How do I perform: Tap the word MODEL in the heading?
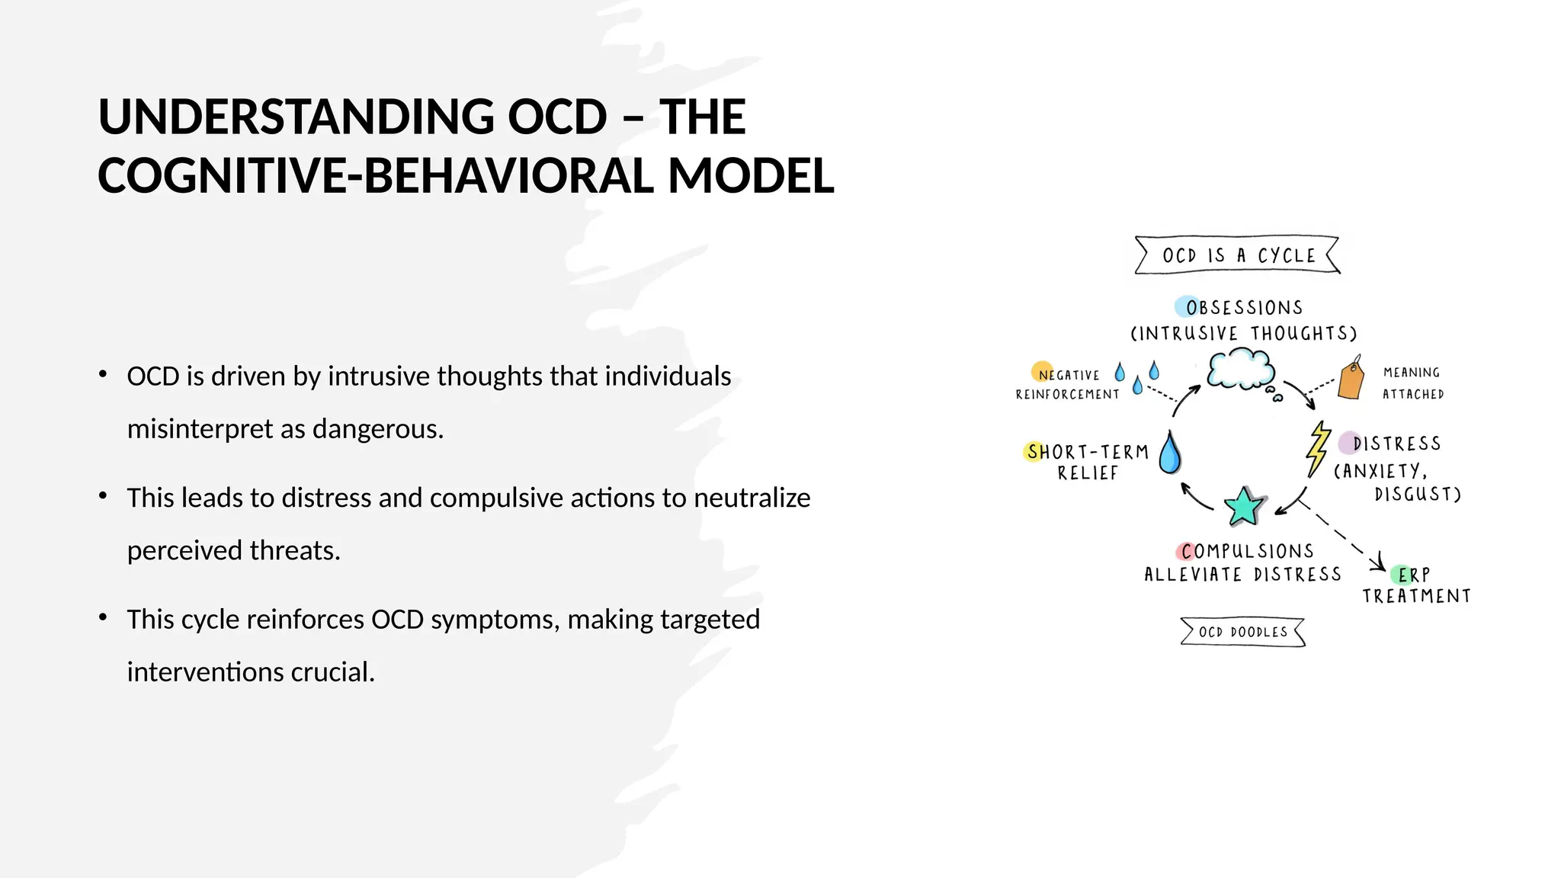751,176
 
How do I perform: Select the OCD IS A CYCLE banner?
1238,255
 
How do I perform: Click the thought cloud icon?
1241,370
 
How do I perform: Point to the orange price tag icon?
1351,379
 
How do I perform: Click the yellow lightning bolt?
1318,448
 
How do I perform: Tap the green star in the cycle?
1244,507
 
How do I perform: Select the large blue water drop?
1170,453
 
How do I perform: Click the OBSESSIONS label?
1244,308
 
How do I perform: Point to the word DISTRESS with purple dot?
1396,444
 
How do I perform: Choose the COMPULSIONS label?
1247,551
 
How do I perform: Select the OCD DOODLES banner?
1242,632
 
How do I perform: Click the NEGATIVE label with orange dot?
1069,375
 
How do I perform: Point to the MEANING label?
1412,373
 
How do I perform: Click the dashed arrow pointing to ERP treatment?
1341,534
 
